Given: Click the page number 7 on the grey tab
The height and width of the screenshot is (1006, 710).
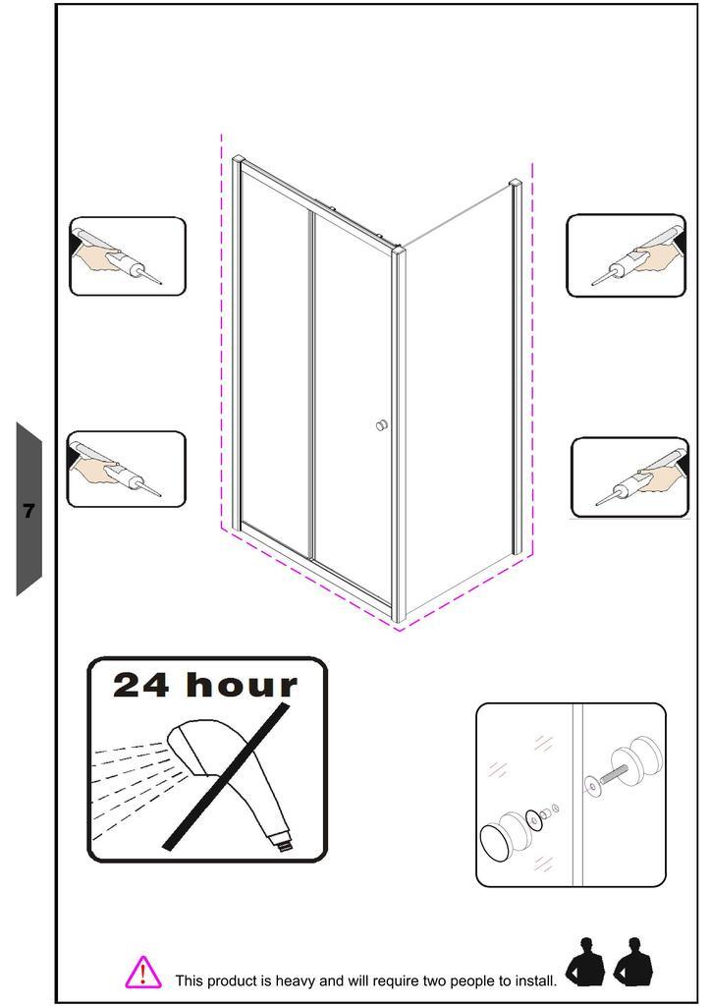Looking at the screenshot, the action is tap(28, 511).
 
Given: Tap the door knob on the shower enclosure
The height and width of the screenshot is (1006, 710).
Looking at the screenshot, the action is tap(382, 425).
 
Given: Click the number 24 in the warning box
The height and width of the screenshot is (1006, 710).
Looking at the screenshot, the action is tap(141, 685).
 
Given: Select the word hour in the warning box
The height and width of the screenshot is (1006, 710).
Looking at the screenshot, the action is tap(242, 684).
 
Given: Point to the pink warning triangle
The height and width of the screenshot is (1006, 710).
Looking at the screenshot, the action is tap(143, 972).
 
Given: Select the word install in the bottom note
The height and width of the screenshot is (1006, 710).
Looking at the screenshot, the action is tap(535, 980).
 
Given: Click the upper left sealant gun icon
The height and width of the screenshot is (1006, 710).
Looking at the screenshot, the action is tap(127, 256).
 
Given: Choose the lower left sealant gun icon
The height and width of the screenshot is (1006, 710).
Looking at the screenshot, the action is tap(127, 469).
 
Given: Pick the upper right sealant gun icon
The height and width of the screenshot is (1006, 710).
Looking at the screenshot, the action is tap(626, 255).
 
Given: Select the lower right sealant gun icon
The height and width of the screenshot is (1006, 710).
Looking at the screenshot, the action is tap(629, 477).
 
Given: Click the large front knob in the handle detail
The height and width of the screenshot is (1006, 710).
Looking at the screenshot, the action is tap(506, 837).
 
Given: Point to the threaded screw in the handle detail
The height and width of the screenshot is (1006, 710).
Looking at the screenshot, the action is tap(614, 774).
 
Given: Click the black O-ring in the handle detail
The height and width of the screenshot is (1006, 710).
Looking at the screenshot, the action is tap(532, 819).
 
